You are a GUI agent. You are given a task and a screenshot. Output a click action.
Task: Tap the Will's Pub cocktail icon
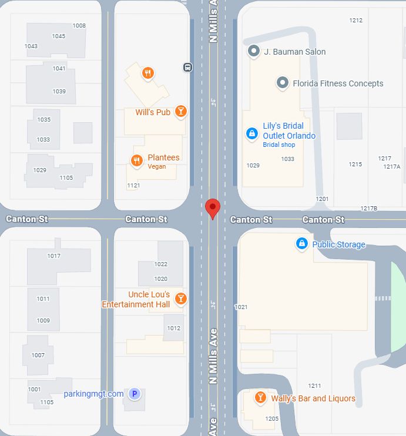tap(181, 111)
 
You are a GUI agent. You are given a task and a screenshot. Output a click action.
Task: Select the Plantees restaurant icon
tap(137, 160)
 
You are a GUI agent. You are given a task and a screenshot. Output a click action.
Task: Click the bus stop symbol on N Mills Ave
tap(187, 67)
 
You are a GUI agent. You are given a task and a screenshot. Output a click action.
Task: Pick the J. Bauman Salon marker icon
tap(254, 52)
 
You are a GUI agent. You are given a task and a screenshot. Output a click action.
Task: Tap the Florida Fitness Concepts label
tap(338, 83)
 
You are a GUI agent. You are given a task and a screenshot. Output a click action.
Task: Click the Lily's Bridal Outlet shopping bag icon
tap(252, 134)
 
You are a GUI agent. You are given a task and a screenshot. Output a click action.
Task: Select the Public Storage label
tap(338, 244)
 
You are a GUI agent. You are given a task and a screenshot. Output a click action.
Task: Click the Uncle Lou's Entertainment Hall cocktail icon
tap(181, 299)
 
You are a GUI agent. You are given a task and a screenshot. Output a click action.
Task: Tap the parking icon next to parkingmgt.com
tap(135, 394)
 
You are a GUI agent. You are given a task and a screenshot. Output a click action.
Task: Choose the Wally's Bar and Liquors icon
tap(260, 398)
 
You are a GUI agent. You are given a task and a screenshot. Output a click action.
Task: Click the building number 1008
tap(79, 26)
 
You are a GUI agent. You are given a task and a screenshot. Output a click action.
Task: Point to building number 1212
tap(355, 20)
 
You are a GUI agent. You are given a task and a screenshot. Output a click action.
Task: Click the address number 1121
tap(133, 186)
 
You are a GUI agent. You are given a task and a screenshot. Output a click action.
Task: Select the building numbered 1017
tap(53, 256)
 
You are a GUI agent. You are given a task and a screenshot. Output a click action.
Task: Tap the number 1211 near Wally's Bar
tap(314, 386)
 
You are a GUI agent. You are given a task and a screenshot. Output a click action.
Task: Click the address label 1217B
tap(368, 209)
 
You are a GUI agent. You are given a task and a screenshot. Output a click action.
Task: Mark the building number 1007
tap(38, 355)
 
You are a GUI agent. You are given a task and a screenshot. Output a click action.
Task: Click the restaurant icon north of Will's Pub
tap(147, 73)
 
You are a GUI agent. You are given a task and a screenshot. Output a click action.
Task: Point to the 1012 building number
tap(174, 328)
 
